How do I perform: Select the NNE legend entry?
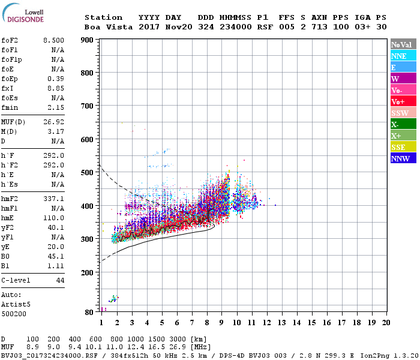403,56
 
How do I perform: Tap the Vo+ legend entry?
403,101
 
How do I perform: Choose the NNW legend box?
403,158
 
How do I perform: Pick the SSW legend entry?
403,113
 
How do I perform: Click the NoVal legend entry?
403,44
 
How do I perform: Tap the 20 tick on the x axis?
386,323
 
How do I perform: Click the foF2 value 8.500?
53,39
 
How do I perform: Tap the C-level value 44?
60,280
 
